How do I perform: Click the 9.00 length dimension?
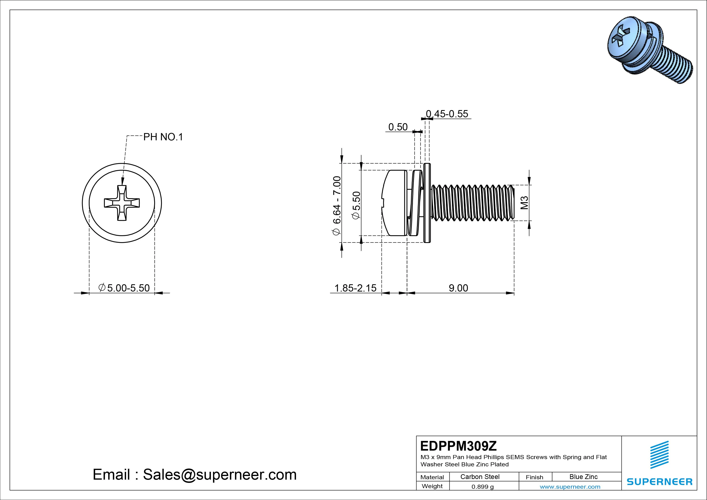pyautogui.click(x=458, y=288)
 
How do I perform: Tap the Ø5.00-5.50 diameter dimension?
pyautogui.click(x=124, y=288)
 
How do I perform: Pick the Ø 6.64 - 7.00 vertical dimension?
pyautogui.click(x=337, y=206)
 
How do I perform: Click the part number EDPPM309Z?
pyautogui.click(x=459, y=446)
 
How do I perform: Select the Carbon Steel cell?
pyautogui.click(x=480, y=477)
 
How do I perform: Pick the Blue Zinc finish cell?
pyautogui.click(x=583, y=477)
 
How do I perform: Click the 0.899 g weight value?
pyautogui.click(x=482, y=487)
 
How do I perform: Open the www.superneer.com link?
pyautogui.click(x=570, y=487)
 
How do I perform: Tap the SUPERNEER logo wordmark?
pyautogui.click(x=659, y=481)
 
